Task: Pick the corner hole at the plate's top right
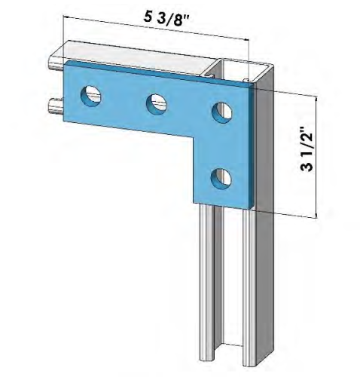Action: pos(221,110)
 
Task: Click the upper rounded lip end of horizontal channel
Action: pos(53,61)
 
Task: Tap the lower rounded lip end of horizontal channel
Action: pos(53,104)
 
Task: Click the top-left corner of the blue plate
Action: pos(65,64)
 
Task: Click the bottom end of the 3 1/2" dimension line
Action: pos(316,218)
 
